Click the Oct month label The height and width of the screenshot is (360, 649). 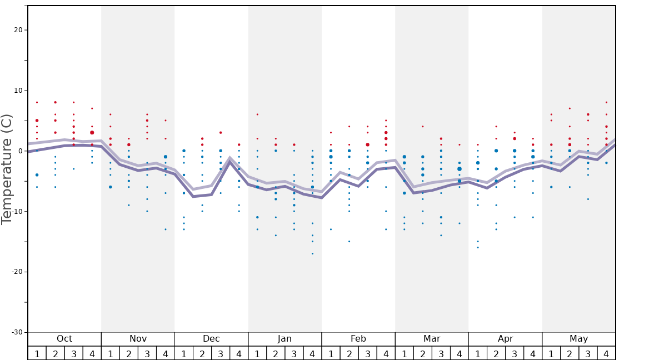tap(64, 339)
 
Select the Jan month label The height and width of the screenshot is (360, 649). tap(284, 339)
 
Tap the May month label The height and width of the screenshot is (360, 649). tap(578, 339)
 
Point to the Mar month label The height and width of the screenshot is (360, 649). tap(432, 339)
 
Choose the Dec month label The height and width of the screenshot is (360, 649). tap(211, 339)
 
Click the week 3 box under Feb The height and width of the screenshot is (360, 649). tap(367, 353)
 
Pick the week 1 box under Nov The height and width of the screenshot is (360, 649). tap(111, 353)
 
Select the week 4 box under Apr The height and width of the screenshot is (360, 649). tap(533, 353)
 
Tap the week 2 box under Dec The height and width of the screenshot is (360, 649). tap(202, 353)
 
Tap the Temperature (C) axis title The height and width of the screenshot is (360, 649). tap(7, 169)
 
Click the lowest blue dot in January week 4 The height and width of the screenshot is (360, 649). tap(312, 253)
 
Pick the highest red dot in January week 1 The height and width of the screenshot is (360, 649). tap(257, 114)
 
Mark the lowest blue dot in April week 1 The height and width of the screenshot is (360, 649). tap(477, 247)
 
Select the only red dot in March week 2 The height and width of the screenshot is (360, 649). tap(422, 127)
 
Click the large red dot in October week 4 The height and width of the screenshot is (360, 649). tap(92, 133)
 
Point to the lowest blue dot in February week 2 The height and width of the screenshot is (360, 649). tap(349, 241)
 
